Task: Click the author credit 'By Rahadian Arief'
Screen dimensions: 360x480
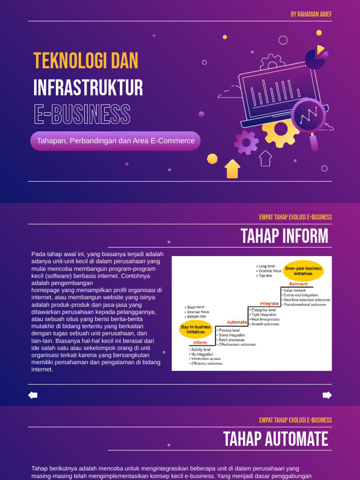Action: click(x=311, y=14)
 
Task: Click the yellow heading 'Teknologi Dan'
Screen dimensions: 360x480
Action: click(x=86, y=61)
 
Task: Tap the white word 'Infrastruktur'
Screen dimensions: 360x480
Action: click(x=88, y=88)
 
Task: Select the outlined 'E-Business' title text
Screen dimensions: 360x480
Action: click(x=82, y=114)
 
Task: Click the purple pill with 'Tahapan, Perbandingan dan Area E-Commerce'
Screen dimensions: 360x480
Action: click(x=115, y=141)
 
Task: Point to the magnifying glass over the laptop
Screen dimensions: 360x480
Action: click(x=309, y=117)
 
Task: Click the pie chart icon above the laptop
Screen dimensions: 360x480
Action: click(x=316, y=58)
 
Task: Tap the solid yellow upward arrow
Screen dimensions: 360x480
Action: click(x=232, y=169)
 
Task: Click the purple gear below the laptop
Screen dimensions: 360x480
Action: click(x=246, y=142)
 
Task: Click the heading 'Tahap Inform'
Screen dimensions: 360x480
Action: click(x=285, y=236)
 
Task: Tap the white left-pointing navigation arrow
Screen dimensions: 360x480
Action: click(x=33, y=395)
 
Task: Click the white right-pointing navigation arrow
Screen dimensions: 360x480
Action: click(x=327, y=395)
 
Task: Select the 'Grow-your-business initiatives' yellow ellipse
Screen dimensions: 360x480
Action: click(x=304, y=271)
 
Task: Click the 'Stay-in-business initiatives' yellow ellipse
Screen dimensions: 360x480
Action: click(x=195, y=329)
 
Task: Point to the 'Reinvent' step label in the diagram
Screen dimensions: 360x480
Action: click(x=299, y=284)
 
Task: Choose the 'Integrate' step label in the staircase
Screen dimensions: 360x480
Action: click(x=269, y=304)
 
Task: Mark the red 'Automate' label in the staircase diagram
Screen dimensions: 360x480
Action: click(x=237, y=322)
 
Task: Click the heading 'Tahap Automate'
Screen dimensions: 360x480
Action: click(x=276, y=440)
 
